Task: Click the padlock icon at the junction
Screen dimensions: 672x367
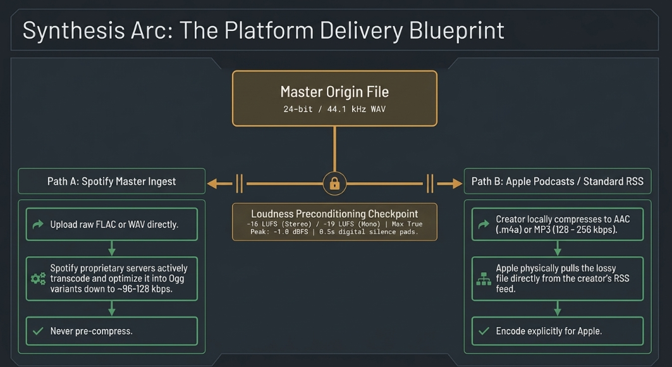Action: pyautogui.click(x=334, y=184)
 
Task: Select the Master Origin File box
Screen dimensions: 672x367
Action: pyautogui.click(x=334, y=99)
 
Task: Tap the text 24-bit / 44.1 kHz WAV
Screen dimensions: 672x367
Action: pyautogui.click(x=334, y=109)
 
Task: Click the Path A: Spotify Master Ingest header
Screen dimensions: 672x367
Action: pyautogui.click(x=111, y=182)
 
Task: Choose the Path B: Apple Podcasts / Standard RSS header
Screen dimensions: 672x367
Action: pyautogui.click(x=558, y=182)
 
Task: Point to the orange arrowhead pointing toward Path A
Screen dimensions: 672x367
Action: pyautogui.click(x=212, y=184)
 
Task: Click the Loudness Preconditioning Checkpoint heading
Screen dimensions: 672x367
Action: pyautogui.click(x=334, y=214)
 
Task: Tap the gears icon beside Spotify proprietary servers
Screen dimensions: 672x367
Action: pyautogui.click(x=38, y=279)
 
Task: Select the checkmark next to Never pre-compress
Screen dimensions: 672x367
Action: pyautogui.click(x=38, y=331)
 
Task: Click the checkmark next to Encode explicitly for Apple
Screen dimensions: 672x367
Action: pyautogui.click(x=484, y=331)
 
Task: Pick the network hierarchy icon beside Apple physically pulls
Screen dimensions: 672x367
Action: pyautogui.click(x=484, y=279)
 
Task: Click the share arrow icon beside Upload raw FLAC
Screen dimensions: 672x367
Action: pyautogui.click(x=38, y=224)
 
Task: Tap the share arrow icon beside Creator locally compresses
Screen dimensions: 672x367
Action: pyautogui.click(x=484, y=224)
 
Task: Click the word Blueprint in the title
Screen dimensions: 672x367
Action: pyautogui.click(x=456, y=30)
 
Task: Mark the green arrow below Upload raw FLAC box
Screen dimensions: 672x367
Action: pyautogui.click(x=111, y=248)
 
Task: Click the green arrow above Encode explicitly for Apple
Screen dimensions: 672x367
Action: pyautogui.click(x=558, y=308)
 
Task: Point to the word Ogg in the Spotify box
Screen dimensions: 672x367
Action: pyautogui.click(x=176, y=279)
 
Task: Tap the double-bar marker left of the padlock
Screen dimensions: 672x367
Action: pyautogui.click(x=239, y=184)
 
